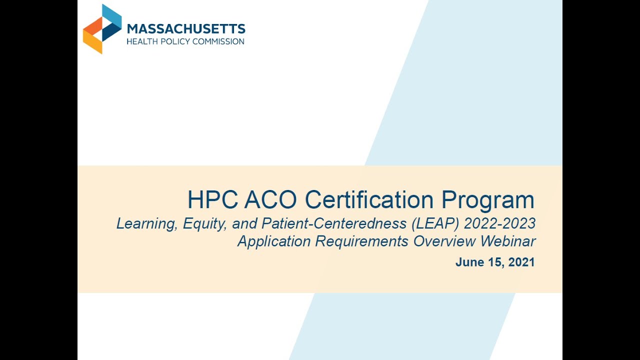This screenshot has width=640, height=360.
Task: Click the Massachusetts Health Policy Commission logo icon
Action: (x=102, y=28)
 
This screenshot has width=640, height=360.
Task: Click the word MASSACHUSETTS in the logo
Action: (x=186, y=29)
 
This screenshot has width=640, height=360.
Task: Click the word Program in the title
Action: (x=488, y=200)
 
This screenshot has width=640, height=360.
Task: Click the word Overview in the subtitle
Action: (x=444, y=241)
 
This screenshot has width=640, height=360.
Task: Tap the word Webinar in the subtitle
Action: (x=508, y=241)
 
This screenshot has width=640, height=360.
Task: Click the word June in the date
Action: (x=468, y=262)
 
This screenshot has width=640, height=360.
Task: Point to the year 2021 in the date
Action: (x=521, y=262)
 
